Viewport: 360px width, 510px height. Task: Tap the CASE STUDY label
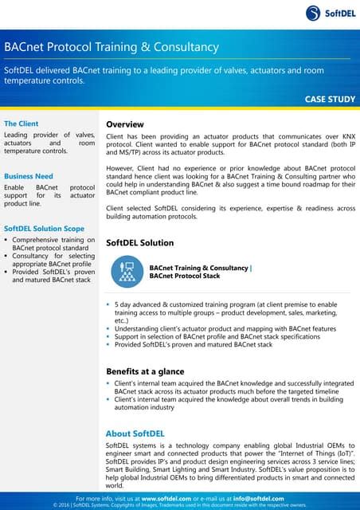(329, 100)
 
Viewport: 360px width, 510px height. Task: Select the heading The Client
(22, 124)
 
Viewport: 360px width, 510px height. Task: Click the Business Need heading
(29, 176)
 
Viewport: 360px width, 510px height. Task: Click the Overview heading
(125, 124)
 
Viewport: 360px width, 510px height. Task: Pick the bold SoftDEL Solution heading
(139, 241)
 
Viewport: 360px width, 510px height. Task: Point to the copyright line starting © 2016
(179, 504)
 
